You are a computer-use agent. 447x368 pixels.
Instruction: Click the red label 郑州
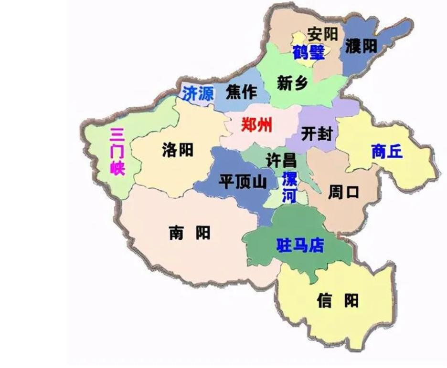256,125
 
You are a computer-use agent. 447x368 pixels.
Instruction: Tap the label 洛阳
178,150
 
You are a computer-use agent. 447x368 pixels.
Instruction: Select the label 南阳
190,233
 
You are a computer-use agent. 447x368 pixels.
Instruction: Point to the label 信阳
337,301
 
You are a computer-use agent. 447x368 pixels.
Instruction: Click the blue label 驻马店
300,245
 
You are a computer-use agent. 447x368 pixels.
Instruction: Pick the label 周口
343,193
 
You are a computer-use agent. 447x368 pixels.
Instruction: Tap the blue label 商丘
387,152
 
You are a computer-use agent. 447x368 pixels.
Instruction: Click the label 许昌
281,160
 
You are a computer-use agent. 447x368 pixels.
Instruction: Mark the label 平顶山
242,182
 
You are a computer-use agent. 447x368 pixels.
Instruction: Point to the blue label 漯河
289,187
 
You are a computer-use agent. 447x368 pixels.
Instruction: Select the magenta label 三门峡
117,152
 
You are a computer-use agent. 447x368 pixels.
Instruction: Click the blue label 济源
198,93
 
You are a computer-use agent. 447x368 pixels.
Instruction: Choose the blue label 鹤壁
309,52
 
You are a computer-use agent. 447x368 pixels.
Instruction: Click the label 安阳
322,34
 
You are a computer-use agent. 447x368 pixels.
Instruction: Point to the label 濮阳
361,46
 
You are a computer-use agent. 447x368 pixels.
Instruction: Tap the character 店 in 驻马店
316,245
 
